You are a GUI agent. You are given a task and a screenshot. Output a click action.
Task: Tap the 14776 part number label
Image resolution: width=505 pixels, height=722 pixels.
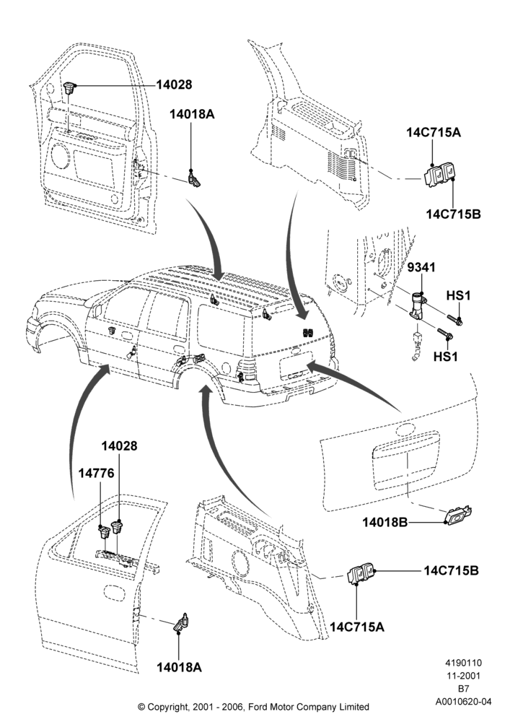96,473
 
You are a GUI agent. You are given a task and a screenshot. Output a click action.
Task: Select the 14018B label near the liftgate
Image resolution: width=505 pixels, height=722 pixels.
385,522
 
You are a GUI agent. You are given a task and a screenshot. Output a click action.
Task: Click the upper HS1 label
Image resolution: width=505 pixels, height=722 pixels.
459,295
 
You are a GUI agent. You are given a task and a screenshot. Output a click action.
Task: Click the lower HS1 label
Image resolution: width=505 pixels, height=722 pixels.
446,356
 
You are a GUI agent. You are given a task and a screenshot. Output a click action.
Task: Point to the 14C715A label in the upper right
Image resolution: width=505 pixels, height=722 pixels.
434,132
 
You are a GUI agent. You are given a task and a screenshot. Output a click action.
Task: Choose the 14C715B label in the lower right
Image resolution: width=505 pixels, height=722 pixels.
451,570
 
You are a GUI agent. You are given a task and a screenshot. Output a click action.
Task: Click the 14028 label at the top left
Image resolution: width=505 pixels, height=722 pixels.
174,84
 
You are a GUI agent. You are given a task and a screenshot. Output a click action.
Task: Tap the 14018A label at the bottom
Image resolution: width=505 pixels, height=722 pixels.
180,667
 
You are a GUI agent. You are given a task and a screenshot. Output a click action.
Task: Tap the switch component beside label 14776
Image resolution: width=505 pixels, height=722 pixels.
104,532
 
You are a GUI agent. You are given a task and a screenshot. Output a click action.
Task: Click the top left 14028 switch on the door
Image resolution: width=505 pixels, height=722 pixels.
69,87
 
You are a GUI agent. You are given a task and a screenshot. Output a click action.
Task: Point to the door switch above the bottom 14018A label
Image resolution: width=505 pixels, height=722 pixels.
181,622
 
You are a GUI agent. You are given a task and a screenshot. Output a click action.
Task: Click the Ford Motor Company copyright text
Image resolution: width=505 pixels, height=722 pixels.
253,706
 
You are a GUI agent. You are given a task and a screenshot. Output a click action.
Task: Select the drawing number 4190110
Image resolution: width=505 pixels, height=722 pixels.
463,663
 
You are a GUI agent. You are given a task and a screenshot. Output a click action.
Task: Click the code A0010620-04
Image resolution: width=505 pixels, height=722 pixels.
463,702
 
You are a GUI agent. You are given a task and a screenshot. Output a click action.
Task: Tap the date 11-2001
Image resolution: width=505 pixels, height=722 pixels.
463,676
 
